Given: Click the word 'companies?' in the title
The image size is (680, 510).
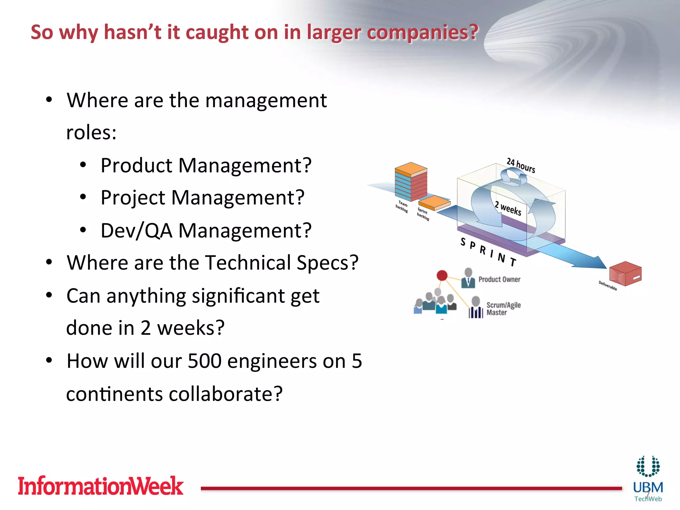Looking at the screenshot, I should pos(422,33).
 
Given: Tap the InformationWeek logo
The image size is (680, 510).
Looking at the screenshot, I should pos(100,486).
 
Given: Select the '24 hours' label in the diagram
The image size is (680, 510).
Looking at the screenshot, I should pos(521,165).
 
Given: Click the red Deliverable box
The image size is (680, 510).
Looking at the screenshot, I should pos(625,274).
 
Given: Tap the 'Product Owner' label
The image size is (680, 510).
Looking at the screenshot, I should pos(499,280).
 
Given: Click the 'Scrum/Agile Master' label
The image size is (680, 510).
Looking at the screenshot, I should pos(503,309).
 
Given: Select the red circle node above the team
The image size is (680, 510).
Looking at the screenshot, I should pos(442,275).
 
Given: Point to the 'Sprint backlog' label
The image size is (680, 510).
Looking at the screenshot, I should pos(423,214).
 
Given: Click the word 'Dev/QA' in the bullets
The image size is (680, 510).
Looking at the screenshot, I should pos(136,230).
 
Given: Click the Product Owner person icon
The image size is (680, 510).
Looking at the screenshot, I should pos(468,278).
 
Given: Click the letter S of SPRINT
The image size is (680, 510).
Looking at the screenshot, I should pos(463,242).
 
